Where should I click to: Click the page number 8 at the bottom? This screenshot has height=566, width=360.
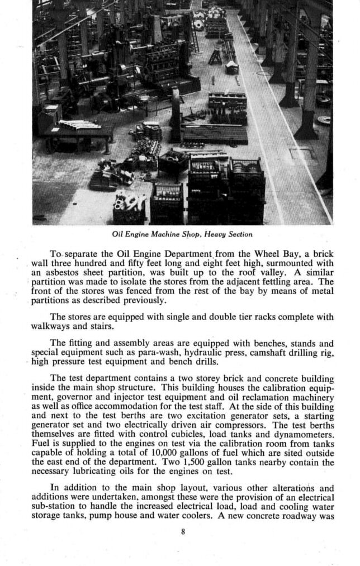(183, 531)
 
